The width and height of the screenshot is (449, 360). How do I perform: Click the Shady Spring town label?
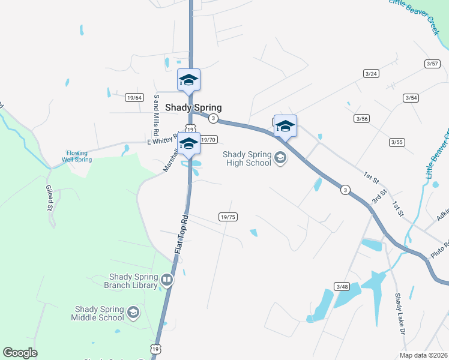tap(193, 108)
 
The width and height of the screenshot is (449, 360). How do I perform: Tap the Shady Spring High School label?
tap(247, 158)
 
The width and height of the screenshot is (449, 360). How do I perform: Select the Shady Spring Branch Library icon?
tap(167, 280)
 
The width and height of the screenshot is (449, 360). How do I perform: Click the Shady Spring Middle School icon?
tap(133, 313)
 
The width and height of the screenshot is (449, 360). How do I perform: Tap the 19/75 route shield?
tap(228, 217)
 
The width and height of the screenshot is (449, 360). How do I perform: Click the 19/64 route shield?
tap(134, 97)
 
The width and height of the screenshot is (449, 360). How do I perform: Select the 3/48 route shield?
tap(342, 287)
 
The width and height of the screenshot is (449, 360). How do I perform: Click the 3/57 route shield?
tap(432, 63)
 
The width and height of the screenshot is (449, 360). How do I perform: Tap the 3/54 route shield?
tap(411, 98)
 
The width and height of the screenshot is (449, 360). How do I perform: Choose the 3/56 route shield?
tap(361, 119)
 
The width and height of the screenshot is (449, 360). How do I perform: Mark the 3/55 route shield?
tap(397, 142)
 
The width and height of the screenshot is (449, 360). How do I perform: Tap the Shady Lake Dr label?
tap(400, 314)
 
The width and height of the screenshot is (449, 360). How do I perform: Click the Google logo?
tap(20, 353)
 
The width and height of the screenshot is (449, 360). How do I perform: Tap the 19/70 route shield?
tap(208, 140)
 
